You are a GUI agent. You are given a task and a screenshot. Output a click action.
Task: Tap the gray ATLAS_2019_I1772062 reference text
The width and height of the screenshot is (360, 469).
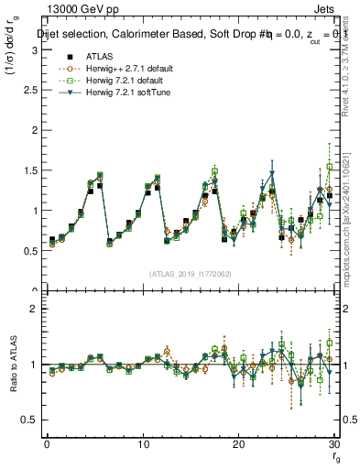pyautogui.click(x=191, y=273)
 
